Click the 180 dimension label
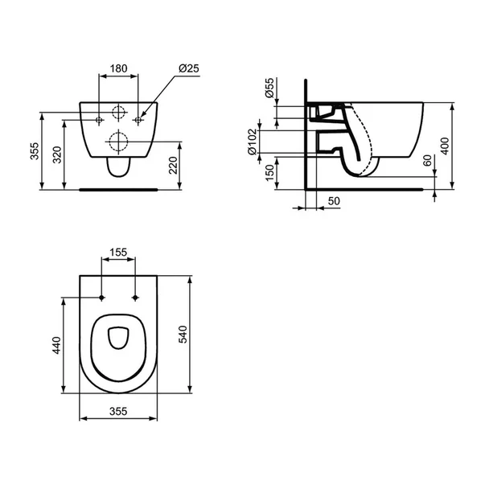tap(119, 69)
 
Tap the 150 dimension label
tap(269, 172)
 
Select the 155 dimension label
tap(119, 253)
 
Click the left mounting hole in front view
tap(99, 120)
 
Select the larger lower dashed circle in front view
tap(118, 142)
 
